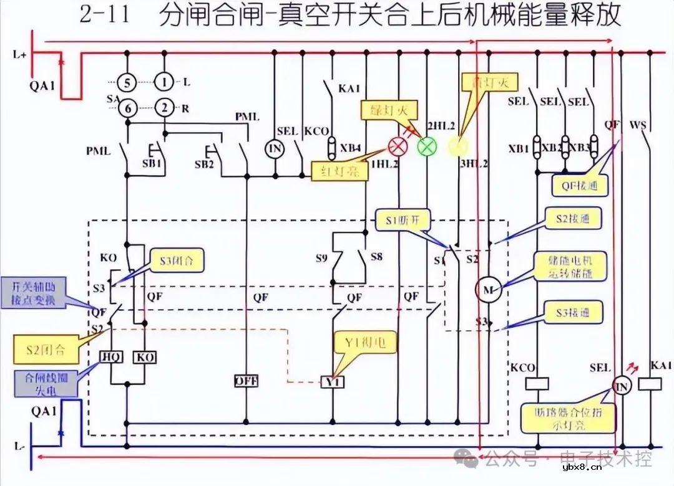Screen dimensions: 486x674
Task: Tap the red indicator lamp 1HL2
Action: [397, 147]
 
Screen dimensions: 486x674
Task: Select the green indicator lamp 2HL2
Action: [427, 147]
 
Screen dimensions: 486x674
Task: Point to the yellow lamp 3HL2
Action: [459, 147]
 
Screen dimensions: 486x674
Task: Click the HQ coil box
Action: [112, 356]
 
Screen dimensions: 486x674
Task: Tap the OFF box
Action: [246, 381]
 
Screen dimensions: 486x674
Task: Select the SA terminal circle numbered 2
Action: [164, 107]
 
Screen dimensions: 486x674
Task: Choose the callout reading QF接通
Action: [579, 184]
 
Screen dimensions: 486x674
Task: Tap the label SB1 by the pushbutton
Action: [154, 164]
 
